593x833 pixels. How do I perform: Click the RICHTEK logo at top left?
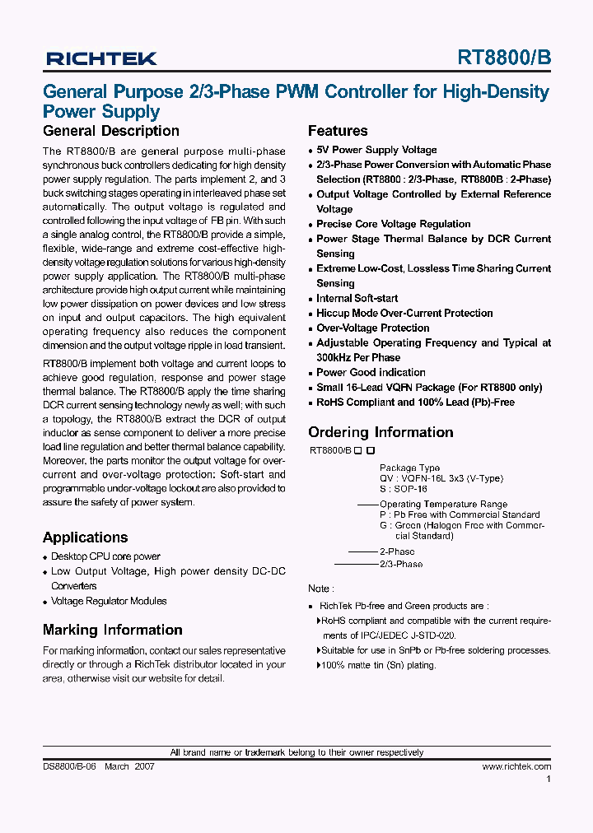click(101, 58)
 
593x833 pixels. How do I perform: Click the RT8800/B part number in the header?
click(504, 58)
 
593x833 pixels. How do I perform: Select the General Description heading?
click(110, 131)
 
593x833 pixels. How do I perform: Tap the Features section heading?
click(338, 131)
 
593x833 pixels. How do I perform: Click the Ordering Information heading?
click(381, 432)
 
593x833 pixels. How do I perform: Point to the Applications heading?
click(85, 537)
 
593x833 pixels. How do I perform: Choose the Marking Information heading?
click(112, 630)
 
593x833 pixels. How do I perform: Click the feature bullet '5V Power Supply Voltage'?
click(376, 150)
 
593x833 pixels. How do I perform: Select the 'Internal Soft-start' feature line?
click(357, 298)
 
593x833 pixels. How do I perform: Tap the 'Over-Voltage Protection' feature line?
click(372, 328)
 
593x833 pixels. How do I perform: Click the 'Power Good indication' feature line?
click(371, 372)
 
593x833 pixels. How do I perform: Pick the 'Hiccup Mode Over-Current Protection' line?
click(404, 313)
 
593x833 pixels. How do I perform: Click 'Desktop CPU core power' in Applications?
click(105, 556)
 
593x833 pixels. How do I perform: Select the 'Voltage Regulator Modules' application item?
click(109, 601)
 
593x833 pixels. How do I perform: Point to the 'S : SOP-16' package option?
click(404, 489)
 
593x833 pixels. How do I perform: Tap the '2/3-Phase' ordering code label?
click(401, 564)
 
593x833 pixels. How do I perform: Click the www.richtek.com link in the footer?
click(516, 766)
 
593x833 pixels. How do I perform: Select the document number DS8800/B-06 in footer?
click(70, 766)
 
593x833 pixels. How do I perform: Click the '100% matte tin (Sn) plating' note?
click(379, 665)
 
